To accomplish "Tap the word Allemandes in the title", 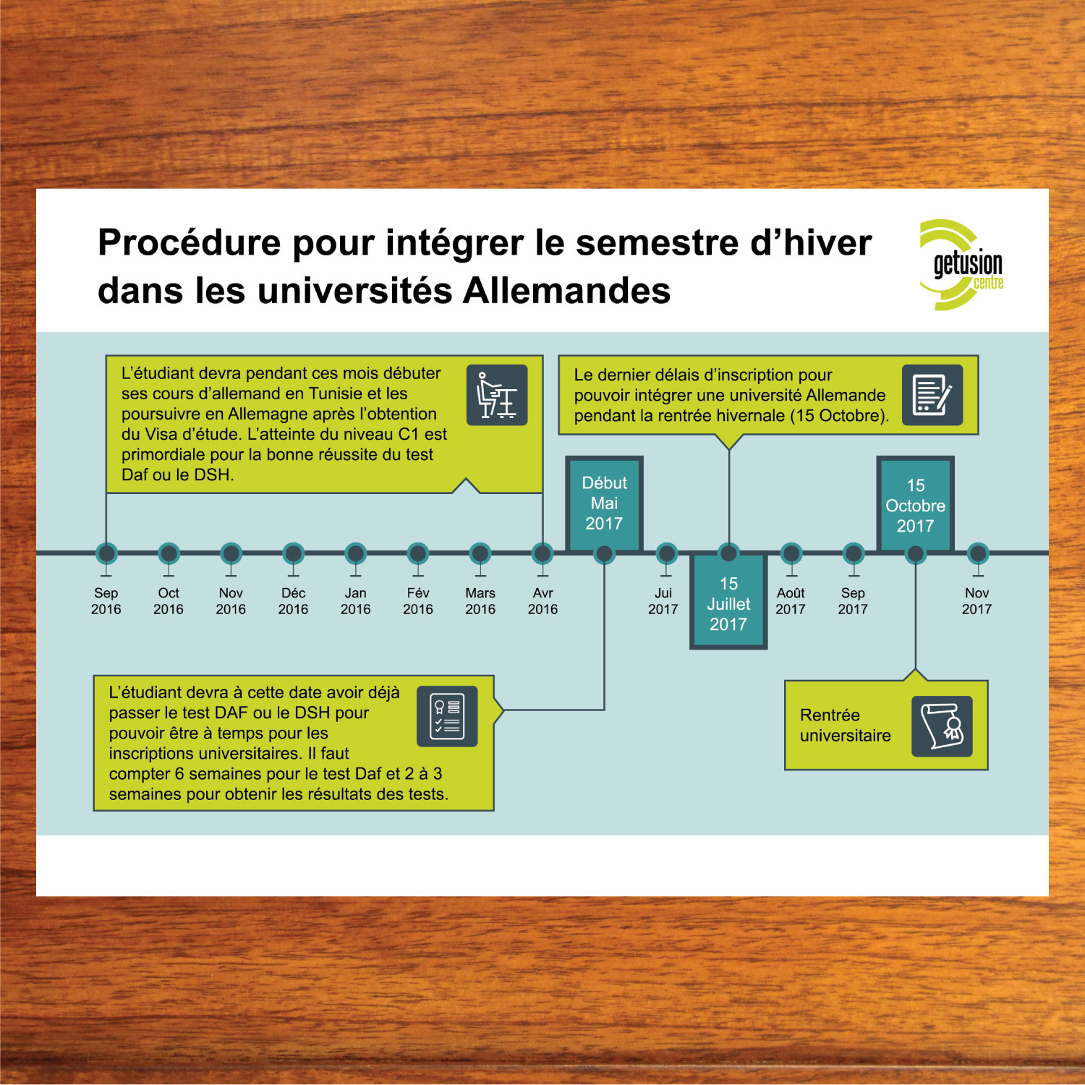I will (x=566, y=291).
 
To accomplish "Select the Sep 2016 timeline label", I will (x=106, y=601).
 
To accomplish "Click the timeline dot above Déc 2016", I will (x=293, y=554).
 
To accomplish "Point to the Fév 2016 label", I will (x=418, y=601).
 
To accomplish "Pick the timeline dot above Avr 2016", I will (x=542, y=554).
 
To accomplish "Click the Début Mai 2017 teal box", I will (x=604, y=503).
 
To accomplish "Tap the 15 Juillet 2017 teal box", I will (x=728, y=604).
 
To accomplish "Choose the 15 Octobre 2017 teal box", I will (x=915, y=505).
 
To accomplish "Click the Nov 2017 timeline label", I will (x=977, y=601).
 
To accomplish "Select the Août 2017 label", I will (x=791, y=601).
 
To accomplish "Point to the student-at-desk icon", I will (x=497, y=395).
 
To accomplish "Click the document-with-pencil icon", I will (x=932, y=395).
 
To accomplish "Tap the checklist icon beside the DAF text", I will (x=447, y=716).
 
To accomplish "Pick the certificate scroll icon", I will (x=941, y=726).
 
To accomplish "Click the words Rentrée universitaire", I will (x=845, y=726).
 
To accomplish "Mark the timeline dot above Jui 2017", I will (x=666, y=554).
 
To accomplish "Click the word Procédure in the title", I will (x=189, y=242).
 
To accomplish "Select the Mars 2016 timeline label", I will (x=480, y=601).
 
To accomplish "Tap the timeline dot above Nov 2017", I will (x=977, y=554).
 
